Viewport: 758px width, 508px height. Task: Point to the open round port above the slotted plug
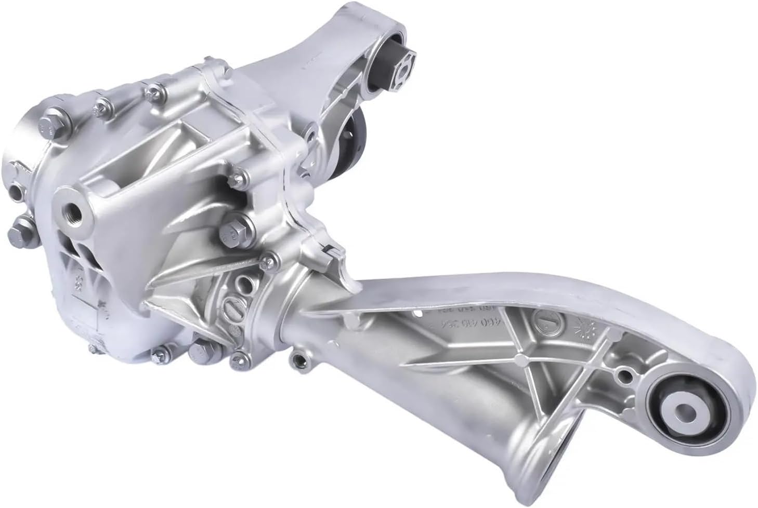point(240,284)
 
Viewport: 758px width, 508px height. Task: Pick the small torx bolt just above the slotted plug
point(269,260)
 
